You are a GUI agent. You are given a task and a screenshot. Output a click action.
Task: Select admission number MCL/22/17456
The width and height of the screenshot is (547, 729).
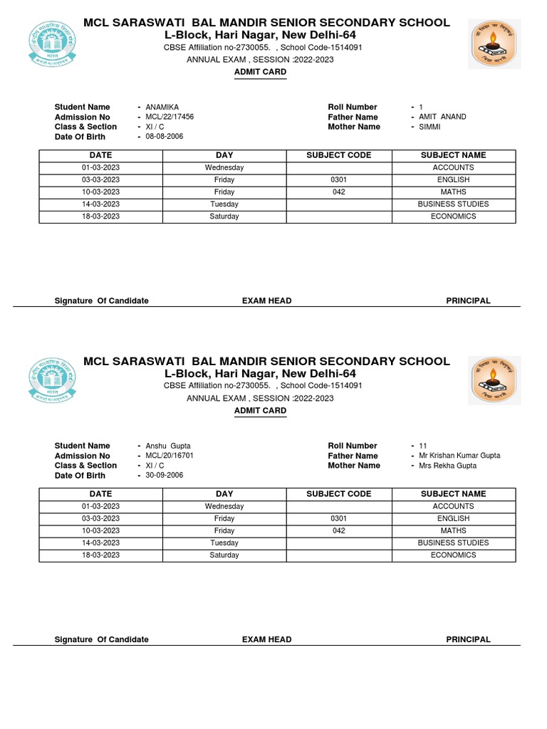click(x=170, y=117)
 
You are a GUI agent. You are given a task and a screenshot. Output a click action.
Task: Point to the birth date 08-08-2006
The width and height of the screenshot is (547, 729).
click(x=164, y=137)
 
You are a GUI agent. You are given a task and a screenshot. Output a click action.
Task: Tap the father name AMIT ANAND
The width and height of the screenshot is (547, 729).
click(x=442, y=117)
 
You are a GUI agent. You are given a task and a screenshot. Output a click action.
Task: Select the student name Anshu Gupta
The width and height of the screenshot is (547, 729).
click(x=167, y=446)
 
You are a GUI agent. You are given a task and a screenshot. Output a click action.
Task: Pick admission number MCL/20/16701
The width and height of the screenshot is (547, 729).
click(x=170, y=456)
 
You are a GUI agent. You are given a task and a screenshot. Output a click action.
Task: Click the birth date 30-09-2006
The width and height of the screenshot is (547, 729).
click(x=164, y=476)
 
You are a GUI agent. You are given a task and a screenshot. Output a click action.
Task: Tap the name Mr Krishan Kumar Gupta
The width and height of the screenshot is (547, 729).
click(x=459, y=456)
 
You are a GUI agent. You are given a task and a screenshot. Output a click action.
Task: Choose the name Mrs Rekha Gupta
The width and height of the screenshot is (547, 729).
click(x=448, y=466)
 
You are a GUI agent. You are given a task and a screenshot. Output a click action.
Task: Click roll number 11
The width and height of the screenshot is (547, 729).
click(x=423, y=446)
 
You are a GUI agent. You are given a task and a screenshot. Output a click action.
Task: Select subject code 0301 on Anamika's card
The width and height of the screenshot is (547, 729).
click(x=338, y=180)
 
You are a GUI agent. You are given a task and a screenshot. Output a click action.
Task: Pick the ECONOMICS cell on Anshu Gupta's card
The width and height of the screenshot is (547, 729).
click(x=453, y=555)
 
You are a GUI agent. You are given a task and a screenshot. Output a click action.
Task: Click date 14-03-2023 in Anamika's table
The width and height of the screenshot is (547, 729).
click(x=100, y=204)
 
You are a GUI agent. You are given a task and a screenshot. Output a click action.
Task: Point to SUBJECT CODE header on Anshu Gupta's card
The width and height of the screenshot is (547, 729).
click(x=338, y=494)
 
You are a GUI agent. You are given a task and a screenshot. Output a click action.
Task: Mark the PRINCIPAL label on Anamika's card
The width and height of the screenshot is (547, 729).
click(x=468, y=300)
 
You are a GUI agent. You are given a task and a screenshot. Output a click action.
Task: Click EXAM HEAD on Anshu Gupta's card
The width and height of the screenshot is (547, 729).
click(x=266, y=639)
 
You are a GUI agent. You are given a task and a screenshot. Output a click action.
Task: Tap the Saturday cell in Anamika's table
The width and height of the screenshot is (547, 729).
click(x=224, y=216)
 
